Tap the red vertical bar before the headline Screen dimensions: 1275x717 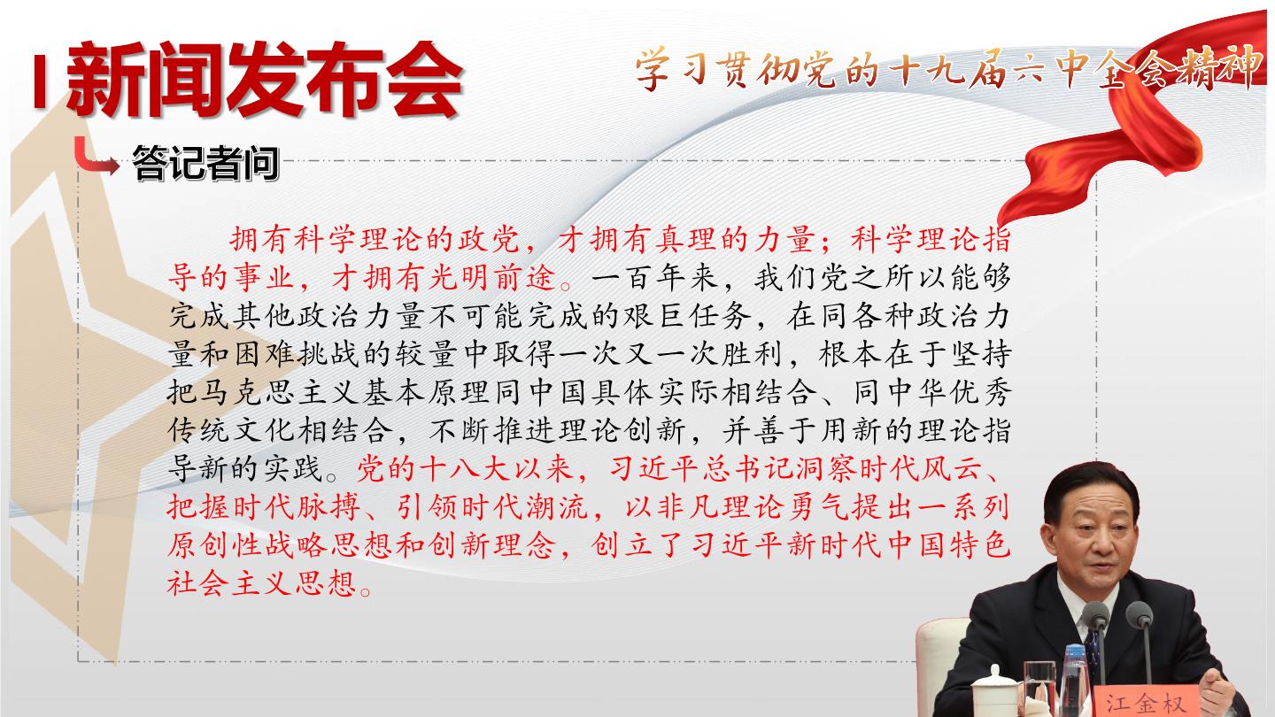click(x=39, y=81)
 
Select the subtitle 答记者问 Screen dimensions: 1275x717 click(x=205, y=163)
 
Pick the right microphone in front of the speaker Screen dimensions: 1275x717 click(x=1140, y=637)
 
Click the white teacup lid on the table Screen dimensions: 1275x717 click(x=994, y=676)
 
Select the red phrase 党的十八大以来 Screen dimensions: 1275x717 click(x=465, y=469)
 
